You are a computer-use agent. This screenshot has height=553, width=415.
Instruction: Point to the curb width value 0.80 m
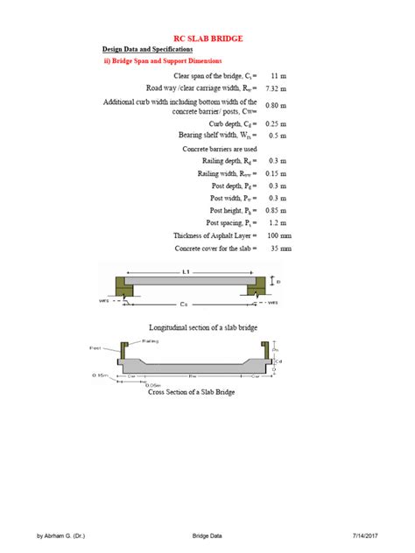[279, 106]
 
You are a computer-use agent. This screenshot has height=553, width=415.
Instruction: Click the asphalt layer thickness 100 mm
[280, 236]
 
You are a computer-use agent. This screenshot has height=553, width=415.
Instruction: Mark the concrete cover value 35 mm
[280, 249]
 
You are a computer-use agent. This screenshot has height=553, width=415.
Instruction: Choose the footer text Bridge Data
[207, 535]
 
